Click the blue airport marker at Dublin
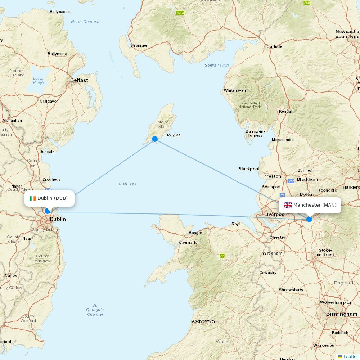click(x=47, y=211)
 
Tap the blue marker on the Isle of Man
click(x=155, y=139)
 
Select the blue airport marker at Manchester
click(x=309, y=219)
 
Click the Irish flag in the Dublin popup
click(x=33, y=198)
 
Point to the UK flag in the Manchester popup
click(x=288, y=205)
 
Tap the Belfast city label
click(x=79, y=80)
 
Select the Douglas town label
click(x=173, y=135)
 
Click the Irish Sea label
click(x=128, y=183)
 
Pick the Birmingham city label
click(x=342, y=314)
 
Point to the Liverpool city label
click(x=275, y=215)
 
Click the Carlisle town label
click(x=274, y=46)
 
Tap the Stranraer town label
click(x=139, y=46)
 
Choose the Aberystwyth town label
click(x=203, y=321)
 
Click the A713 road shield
click(x=180, y=13)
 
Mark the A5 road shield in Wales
click(x=222, y=256)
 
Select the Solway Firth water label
click(x=217, y=65)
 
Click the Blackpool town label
click(x=248, y=169)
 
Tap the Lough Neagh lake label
click(x=38, y=81)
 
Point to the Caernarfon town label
click(x=189, y=243)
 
